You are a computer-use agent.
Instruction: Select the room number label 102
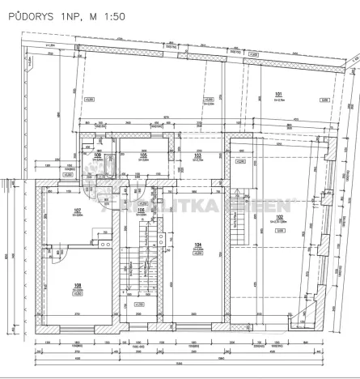[279, 217]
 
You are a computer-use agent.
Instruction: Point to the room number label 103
[198, 156]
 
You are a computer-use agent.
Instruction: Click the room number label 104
[197, 245]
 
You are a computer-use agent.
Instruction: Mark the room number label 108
[78, 284]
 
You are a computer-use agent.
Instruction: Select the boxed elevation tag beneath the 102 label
[279, 230]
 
